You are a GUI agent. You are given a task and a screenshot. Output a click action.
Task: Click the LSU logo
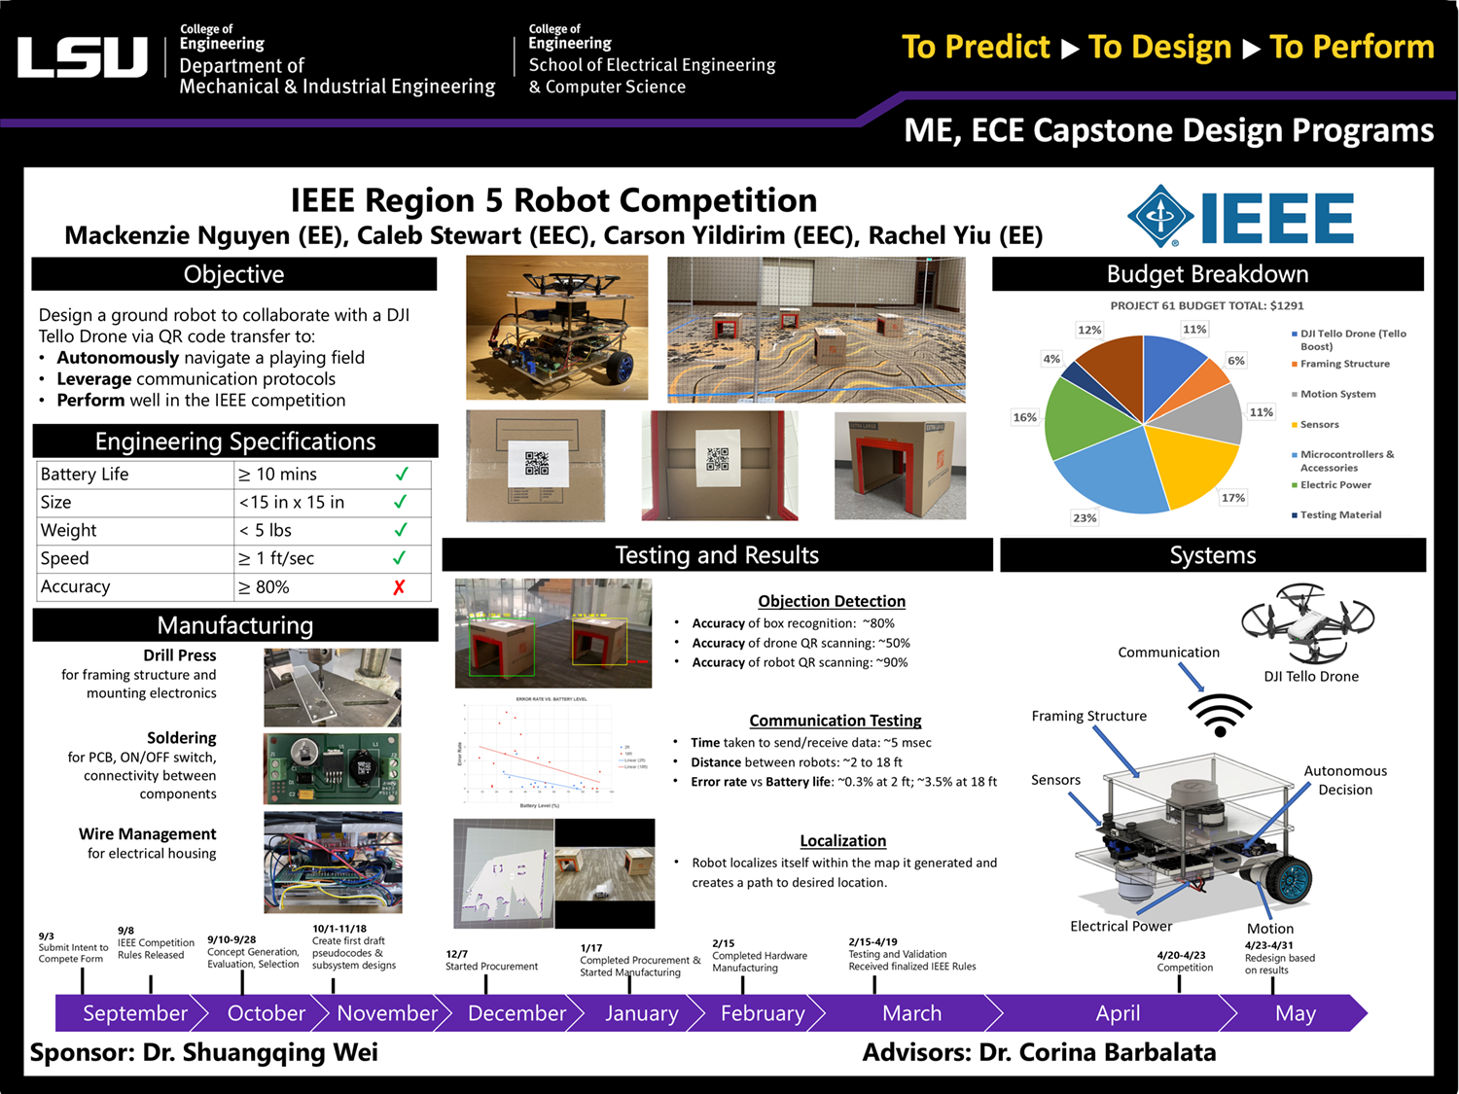(x=83, y=57)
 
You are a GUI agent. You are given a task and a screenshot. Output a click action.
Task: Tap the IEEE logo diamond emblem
(x=1160, y=216)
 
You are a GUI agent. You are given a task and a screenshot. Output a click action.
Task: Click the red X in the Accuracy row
(x=399, y=587)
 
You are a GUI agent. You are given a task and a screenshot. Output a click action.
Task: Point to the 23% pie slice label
(x=1085, y=517)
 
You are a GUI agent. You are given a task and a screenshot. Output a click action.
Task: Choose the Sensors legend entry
(x=1319, y=424)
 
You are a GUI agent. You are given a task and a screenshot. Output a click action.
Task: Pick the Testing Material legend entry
(x=1339, y=514)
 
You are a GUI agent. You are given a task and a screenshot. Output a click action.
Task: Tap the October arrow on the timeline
(x=266, y=1013)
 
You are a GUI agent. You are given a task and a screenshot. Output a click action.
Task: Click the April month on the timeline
(x=1118, y=1013)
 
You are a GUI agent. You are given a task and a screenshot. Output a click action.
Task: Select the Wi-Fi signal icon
(x=1220, y=715)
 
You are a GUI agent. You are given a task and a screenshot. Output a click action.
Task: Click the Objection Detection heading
(x=832, y=601)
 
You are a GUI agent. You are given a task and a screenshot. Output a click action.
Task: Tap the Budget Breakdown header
(x=1207, y=274)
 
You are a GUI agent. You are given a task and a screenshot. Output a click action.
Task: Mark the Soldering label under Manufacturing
(x=181, y=738)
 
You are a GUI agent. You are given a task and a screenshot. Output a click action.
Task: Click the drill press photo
(x=333, y=688)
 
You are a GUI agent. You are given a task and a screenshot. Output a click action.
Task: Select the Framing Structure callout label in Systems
(x=1088, y=716)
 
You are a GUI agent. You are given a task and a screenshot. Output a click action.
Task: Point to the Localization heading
(x=842, y=840)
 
